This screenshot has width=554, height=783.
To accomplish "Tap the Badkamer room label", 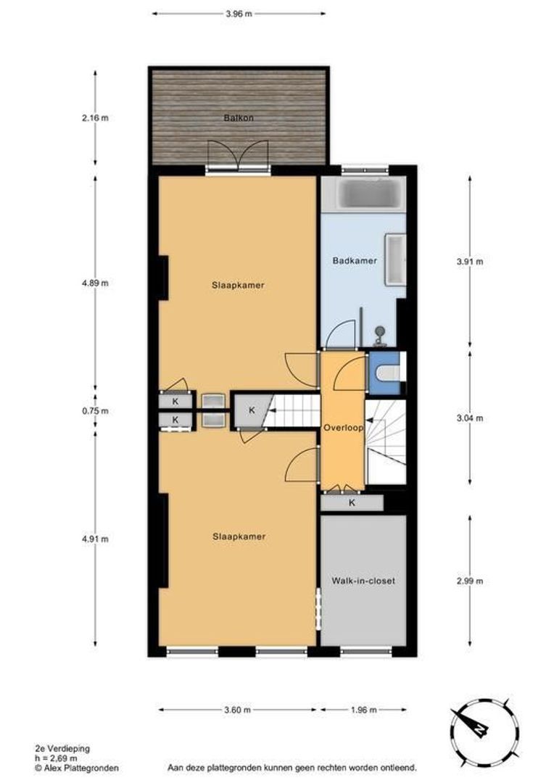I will click(355, 261).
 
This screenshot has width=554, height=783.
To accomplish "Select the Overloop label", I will click(343, 428).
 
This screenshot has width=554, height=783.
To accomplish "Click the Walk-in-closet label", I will click(363, 581).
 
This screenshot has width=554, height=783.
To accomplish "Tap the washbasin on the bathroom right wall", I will click(396, 259).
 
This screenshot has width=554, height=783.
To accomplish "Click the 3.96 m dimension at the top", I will click(239, 13).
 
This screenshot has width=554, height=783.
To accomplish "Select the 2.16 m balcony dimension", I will click(95, 118).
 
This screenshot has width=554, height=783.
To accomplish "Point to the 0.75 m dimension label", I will click(95, 411).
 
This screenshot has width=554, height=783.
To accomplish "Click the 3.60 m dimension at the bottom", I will click(238, 710).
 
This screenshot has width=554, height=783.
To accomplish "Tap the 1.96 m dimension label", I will click(363, 710).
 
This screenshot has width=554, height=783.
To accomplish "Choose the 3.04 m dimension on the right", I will click(470, 418).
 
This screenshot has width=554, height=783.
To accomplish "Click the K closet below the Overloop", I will click(352, 502).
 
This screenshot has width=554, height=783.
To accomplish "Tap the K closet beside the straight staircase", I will click(251, 410).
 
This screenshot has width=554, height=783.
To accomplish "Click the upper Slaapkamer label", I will click(238, 285).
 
